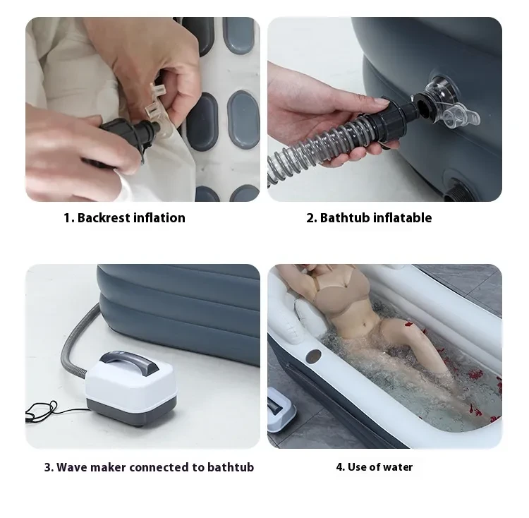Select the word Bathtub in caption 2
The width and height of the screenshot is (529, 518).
(x=343, y=218)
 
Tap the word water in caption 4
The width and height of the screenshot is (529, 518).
(x=399, y=466)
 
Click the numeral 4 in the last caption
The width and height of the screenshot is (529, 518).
(x=339, y=466)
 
